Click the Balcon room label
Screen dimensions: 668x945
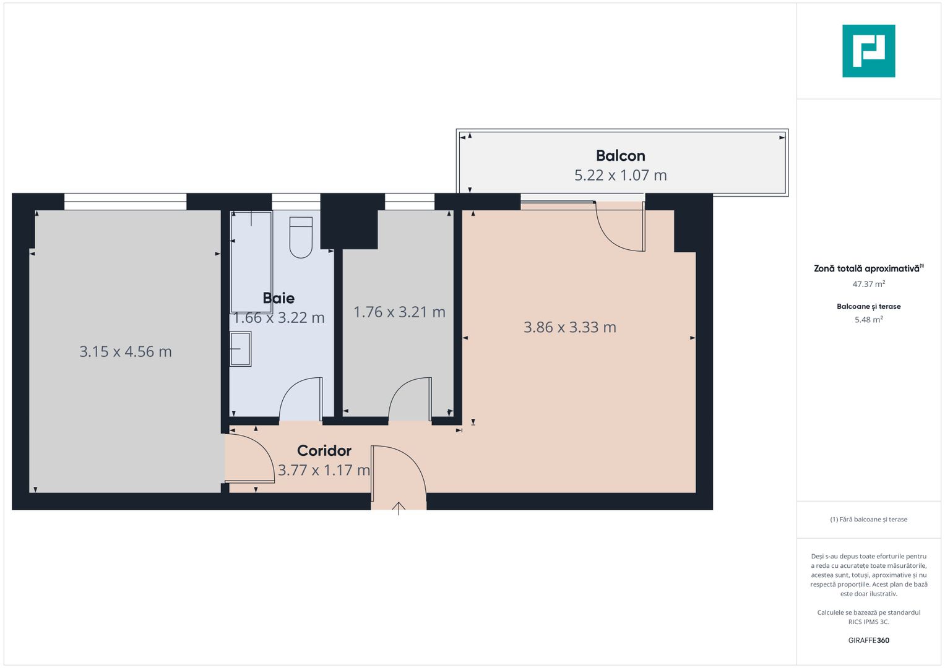tap(620, 156)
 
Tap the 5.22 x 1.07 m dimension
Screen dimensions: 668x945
tap(620, 176)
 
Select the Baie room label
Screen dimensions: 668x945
tap(278, 298)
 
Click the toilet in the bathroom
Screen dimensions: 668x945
tap(301, 238)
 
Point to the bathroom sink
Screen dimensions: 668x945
tap(240, 349)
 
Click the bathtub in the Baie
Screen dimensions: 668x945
tap(251, 262)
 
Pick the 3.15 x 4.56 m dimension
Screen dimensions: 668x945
tap(126, 352)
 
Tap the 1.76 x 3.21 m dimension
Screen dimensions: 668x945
tap(399, 312)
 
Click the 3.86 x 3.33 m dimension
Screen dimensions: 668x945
tap(570, 327)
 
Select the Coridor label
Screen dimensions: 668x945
tap(324, 451)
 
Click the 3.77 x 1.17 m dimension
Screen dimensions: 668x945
tap(324, 471)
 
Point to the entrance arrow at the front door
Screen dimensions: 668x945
tap(399, 508)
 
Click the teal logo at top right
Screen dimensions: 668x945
tap(868, 51)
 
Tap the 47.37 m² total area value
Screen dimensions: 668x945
tap(868, 285)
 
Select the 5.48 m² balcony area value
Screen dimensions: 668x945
tap(868, 320)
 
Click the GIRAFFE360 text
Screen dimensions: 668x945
tap(868, 641)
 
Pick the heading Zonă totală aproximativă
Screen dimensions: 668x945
tap(866, 269)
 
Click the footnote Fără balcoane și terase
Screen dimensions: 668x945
tap(869, 520)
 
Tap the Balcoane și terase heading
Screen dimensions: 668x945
tap(868, 307)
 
